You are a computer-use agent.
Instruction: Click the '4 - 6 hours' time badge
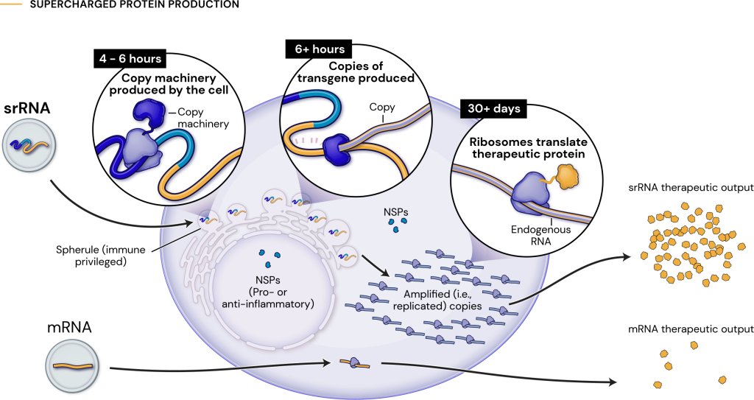130,58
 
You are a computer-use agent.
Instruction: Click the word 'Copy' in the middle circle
381,108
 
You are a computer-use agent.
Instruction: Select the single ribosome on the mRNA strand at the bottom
355,363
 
